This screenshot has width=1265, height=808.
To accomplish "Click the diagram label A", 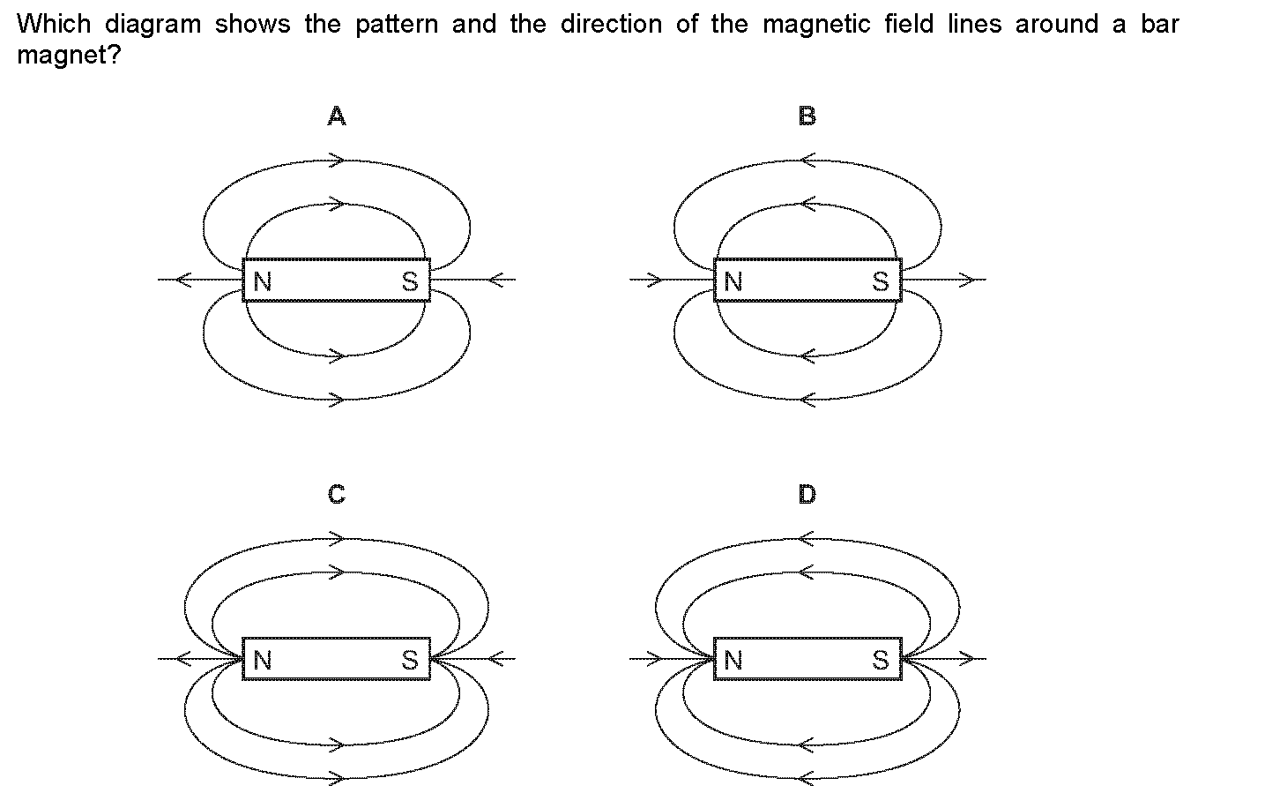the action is (337, 116).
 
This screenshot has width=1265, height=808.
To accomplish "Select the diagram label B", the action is (807, 116).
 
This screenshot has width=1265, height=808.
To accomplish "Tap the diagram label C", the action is (337, 494).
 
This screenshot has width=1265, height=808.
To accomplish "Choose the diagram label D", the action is (807, 494).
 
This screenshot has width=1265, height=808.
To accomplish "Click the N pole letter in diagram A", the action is (263, 281).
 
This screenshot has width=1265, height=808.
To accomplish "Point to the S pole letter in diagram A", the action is (410, 281).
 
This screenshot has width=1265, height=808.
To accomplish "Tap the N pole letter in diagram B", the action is (733, 281).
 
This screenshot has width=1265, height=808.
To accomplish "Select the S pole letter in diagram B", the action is (881, 281).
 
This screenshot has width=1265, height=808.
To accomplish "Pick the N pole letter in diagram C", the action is (263, 660).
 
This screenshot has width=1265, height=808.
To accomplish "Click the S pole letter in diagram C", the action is (410, 660).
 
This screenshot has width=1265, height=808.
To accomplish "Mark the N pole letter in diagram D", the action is (733, 660).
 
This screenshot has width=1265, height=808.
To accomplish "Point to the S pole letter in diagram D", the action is (881, 660).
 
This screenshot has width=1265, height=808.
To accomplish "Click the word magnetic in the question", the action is (816, 25).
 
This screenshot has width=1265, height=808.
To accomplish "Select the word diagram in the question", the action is (153, 25).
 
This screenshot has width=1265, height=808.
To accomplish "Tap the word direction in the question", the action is (611, 25).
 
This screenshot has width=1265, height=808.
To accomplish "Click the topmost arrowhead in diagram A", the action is (337, 160).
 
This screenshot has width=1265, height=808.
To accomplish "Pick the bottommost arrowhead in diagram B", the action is (807, 400).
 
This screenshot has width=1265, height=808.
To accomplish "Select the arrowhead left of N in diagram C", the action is (184, 658).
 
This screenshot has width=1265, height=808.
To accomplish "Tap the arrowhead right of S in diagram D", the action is (966, 658).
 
